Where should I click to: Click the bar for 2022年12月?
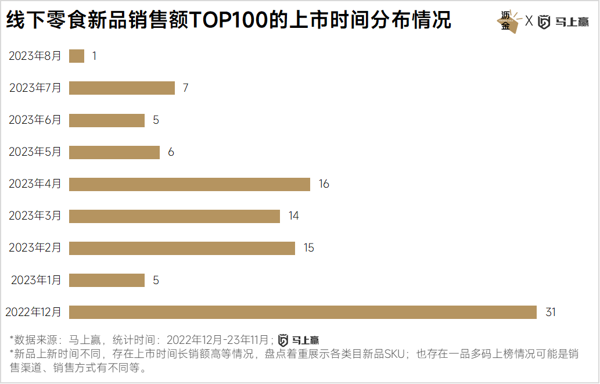303,312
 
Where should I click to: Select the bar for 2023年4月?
189,184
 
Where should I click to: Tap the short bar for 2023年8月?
77,56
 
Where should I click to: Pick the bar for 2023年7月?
122,88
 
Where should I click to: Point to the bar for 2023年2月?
182,248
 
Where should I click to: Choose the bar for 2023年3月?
174,216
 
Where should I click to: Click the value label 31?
551,312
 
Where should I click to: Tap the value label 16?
324,184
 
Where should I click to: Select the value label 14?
293,216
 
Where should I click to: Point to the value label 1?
94,56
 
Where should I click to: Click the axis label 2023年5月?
35,152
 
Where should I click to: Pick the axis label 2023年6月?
35,120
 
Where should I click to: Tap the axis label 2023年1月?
36,280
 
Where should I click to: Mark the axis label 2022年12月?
33,312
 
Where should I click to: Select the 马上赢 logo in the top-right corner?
563,22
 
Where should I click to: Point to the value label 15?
308,248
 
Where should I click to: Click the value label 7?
185,88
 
